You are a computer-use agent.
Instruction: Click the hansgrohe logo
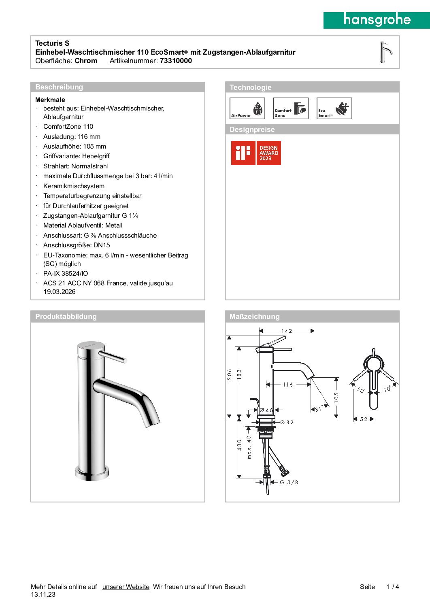pos(377,20)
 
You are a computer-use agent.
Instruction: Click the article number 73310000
pos(176,61)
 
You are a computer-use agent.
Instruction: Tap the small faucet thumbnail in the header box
pos(385,52)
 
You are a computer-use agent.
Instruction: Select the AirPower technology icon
pos(247,108)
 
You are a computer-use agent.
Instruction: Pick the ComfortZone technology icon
pos(291,108)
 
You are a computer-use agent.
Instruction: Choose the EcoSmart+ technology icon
pos(334,108)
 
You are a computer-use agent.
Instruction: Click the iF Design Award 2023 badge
pos(256,153)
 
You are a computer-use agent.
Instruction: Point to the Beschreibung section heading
pos(59,87)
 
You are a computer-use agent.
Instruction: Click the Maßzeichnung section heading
pos(254,317)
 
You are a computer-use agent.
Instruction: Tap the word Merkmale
pos(50,100)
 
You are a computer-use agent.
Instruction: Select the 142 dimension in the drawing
pos(287,331)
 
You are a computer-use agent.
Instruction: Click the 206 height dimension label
pos(230,374)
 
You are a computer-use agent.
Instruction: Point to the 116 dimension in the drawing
pos(288,385)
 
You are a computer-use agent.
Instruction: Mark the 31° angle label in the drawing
pos(320,408)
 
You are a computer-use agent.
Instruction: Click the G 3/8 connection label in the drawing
pos(289,482)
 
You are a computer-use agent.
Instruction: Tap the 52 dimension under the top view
pos(364,419)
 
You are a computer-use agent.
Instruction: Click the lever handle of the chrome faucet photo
pos(113,356)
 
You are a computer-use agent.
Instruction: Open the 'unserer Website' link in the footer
pos(126,587)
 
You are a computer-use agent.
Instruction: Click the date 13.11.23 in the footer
pos(43,595)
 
